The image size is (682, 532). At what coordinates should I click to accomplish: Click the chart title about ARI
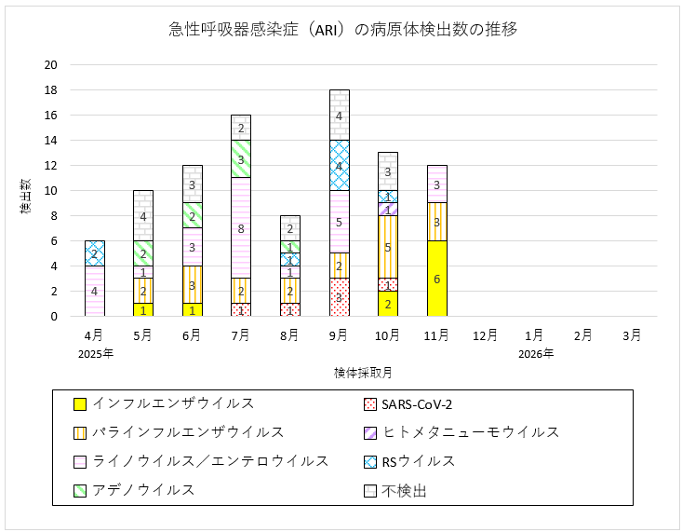[x=343, y=29]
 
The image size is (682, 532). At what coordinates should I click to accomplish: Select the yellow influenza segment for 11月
[x=437, y=279]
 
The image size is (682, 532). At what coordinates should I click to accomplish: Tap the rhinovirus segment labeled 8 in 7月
[x=241, y=227]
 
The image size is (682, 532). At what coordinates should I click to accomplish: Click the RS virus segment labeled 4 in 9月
[x=339, y=165]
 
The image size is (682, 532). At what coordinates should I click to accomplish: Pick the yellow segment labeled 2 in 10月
[x=388, y=304]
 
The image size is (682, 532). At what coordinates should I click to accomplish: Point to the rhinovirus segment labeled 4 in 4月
[x=94, y=291]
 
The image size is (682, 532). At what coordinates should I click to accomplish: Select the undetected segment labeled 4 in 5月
[x=142, y=215]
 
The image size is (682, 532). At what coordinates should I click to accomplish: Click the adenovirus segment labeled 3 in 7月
[x=241, y=158]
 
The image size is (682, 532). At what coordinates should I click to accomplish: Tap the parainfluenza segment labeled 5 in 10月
[x=388, y=246]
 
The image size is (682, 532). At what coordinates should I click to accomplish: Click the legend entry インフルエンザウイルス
[x=175, y=403]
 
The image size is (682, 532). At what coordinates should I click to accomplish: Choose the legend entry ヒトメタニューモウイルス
[x=471, y=432]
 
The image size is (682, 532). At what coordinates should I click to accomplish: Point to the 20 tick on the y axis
[x=51, y=65]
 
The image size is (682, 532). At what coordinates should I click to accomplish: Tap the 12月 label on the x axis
[x=486, y=335]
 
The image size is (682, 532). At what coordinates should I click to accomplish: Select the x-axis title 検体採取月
[x=363, y=372]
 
